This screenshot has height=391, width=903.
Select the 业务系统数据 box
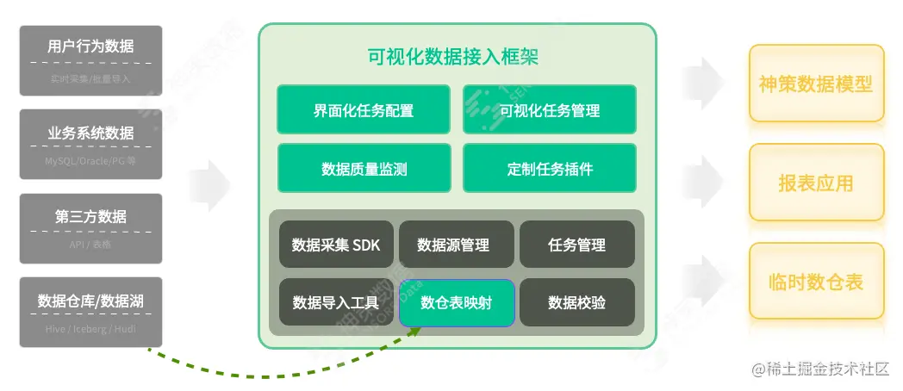90,144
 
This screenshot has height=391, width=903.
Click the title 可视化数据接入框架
453,58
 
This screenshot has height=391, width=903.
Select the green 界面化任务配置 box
363,109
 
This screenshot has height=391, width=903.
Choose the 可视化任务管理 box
550,109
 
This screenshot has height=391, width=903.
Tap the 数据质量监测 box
363,168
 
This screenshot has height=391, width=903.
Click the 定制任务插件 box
550,168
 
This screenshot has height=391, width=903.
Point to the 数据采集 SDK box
336,245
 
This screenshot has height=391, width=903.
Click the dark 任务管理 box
576,245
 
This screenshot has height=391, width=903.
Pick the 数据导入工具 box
336,302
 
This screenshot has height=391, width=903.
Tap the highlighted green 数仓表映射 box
457,302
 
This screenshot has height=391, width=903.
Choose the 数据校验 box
576,302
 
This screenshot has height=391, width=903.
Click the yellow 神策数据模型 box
816,84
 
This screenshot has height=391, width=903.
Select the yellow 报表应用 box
816,183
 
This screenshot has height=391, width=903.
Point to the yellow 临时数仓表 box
816,282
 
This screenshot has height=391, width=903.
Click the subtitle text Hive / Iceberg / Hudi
90,329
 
